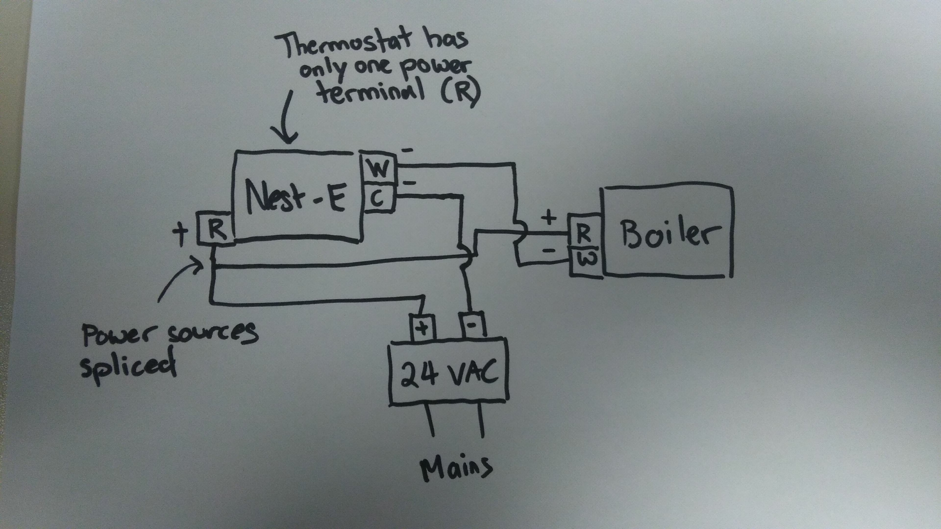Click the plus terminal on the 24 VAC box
click(x=422, y=328)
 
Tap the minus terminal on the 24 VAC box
click(x=473, y=325)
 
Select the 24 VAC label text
click(x=449, y=373)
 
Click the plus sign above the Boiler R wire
click(x=548, y=218)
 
